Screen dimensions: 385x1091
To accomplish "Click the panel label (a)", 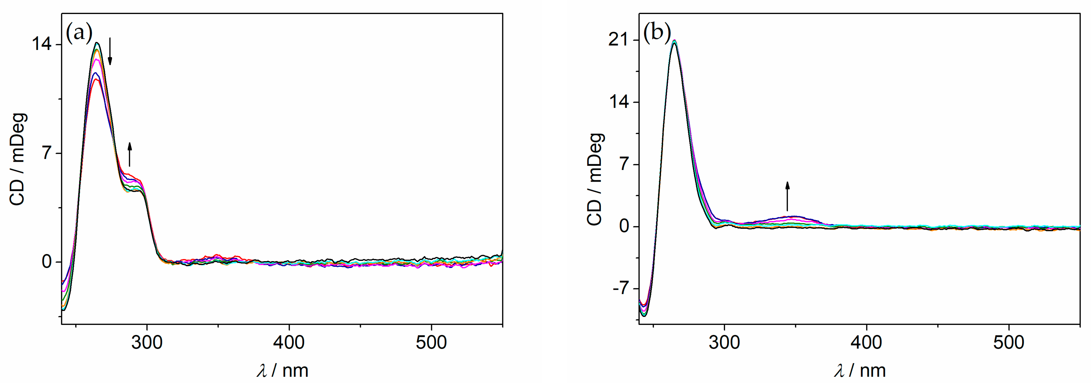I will [x=79, y=32].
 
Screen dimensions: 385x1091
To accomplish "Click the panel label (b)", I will [x=657, y=32].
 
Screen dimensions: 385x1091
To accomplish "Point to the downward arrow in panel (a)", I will [x=110, y=51].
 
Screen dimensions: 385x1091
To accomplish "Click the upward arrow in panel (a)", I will [x=130, y=155].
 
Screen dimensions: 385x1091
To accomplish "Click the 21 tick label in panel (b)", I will [x=619, y=41].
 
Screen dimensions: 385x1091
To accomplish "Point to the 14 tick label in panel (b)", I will [x=619, y=102].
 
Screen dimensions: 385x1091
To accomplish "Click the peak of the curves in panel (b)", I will [x=674, y=41].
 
